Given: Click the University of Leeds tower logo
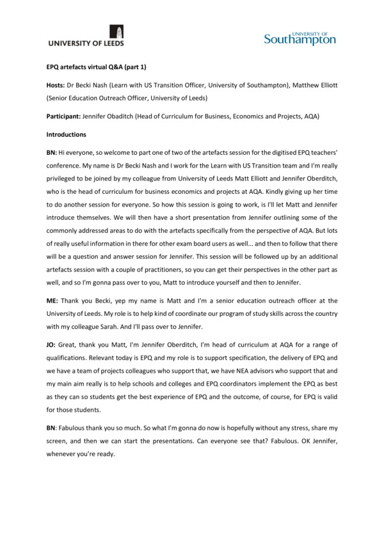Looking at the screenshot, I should click(118, 32).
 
